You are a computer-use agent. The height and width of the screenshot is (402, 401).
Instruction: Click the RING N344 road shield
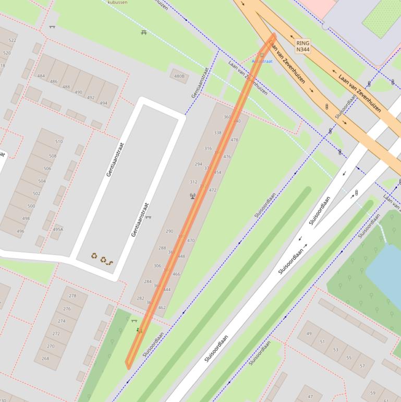click(302, 46)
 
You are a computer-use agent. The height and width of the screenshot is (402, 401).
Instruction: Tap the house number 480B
click(179, 76)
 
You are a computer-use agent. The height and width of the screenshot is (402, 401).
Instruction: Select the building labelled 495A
click(57, 229)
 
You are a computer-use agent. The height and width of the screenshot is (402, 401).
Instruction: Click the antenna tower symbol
click(191, 196)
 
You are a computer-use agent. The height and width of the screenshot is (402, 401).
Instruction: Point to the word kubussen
click(117, 3)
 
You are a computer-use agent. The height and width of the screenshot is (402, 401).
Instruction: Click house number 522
click(13, 40)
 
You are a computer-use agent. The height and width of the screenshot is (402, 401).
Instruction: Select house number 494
click(103, 103)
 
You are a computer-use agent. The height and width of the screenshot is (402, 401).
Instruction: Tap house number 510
click(58, 141)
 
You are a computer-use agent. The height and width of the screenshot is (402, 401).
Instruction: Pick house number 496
click(20, 232)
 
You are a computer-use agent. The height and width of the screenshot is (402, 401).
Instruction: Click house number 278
click(72, 296)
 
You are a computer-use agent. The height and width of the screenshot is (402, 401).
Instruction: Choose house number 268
click(45, 359)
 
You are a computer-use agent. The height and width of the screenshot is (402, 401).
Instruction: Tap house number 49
click(309, 334)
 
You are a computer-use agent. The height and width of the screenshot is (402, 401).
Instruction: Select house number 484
click(41, 76)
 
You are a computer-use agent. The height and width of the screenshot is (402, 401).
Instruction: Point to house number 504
click(42, 181)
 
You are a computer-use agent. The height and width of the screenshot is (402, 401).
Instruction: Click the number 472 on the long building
click(212, 190)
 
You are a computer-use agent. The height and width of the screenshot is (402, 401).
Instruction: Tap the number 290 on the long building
click(169, 231)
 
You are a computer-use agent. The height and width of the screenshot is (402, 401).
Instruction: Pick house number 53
click(335, 350)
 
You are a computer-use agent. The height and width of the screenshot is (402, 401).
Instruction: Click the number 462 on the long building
click(162, 308)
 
